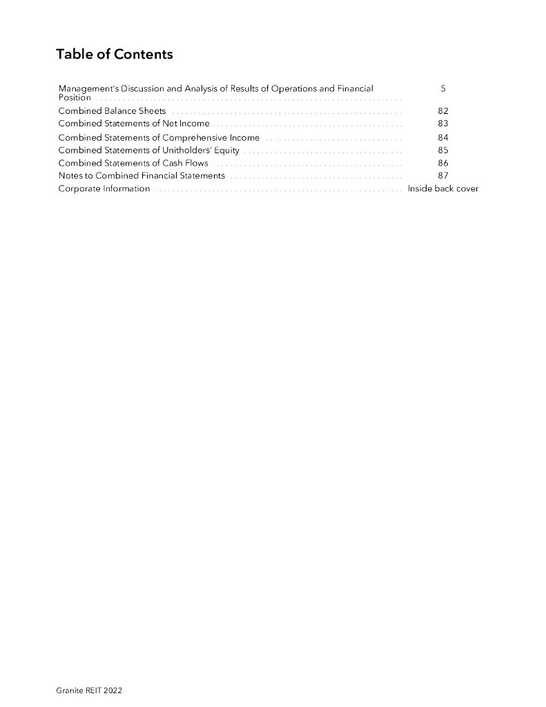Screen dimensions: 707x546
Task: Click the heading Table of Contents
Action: pos(115,55)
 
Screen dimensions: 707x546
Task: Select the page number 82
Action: pos(443,110)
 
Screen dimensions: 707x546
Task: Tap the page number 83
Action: pos(443,124)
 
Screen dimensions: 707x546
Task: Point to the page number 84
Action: pos(443,137)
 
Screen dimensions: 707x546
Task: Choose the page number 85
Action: pos(443,150)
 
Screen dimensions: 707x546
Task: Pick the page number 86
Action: pos(443,163)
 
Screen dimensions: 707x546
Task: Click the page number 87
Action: pos(443,175)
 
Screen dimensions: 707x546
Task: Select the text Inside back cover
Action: pos(443,188)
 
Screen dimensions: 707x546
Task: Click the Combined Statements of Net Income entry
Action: pos(134,124)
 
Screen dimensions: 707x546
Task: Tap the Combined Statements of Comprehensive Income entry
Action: pos(159,137)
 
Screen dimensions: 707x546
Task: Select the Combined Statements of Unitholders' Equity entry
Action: pos(149,150)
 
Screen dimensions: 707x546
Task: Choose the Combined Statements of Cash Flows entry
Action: pos(133,163)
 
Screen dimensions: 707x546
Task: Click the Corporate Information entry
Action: pos(104,188)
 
